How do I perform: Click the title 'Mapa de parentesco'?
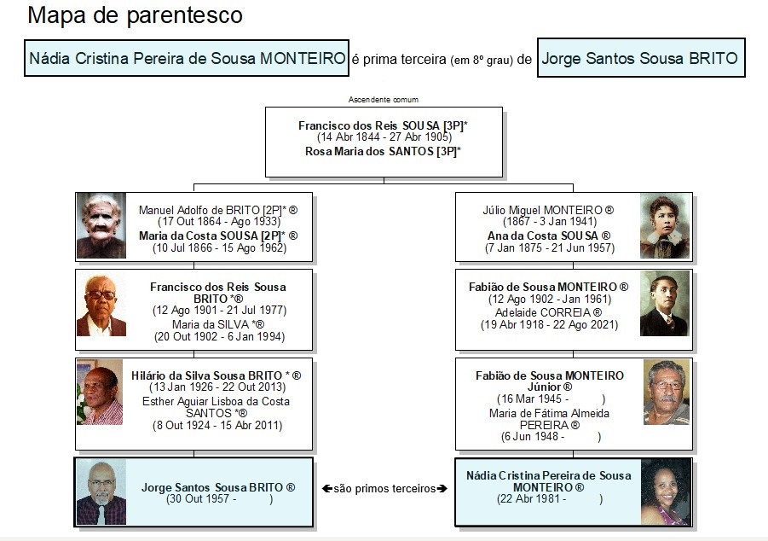tap(136, 15)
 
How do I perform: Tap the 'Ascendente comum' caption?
tap(384, 100)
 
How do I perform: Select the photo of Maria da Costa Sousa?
tap(101, 225)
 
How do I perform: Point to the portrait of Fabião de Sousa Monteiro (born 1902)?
tap(665, 304)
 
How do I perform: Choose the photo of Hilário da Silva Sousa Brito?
tap(100, 393)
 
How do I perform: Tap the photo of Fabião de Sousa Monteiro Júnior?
tap(667, 393)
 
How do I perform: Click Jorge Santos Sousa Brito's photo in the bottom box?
tap(101, 492)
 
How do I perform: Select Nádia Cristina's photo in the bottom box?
tap(666, 492)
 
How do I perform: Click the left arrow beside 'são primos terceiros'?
tap(327, 488)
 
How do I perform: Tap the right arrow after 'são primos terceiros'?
tap(442, 488)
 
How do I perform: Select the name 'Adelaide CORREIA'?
tap(543, 312)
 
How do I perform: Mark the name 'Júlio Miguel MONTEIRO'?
tap(543, 211)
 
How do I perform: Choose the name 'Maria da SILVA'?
tap(211, 324)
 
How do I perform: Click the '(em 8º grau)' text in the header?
tap(482, 61)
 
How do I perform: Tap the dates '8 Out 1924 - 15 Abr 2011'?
tap(217, 425)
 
